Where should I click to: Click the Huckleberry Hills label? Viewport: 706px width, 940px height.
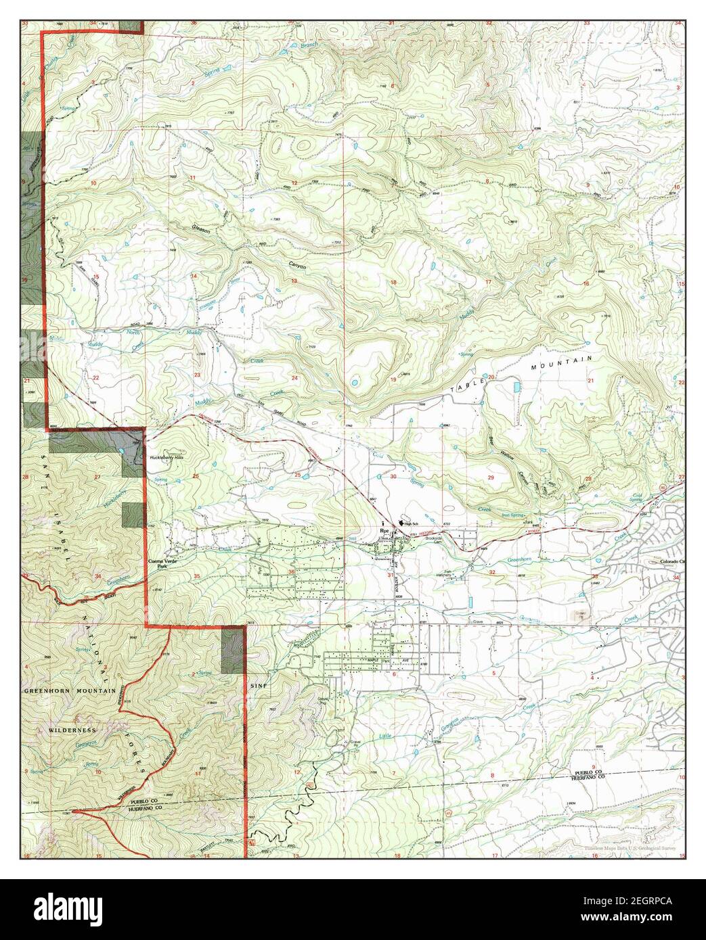pos(167,458)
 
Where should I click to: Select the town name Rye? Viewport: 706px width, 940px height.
pos(385,532)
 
